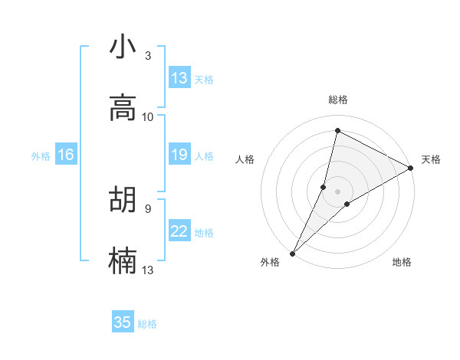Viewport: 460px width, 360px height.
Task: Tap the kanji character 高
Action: [x=123, y=108]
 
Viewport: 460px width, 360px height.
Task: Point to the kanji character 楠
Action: [x=123, y=260]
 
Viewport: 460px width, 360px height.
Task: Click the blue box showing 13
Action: [x=179, y=78]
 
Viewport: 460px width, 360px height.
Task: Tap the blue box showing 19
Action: [x=179, y=155]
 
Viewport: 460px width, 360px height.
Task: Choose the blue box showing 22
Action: [x=179, y=231]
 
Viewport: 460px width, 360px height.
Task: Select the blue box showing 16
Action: [x=66, y=155]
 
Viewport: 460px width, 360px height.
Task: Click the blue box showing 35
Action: [x=123, y=322]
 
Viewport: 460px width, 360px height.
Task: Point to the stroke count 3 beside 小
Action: [x=148, y=56]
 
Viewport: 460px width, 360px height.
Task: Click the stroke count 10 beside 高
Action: [x=148, y=116]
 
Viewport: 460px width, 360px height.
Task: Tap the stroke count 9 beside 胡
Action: [x=148, y=208]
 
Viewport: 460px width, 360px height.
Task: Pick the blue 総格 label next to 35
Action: [x=148, y=324]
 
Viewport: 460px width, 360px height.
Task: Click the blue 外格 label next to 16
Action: [x=41, y=155]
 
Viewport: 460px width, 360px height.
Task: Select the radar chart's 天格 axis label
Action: [x=431, y=159]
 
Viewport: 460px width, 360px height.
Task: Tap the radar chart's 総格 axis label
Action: [x=338, y=100]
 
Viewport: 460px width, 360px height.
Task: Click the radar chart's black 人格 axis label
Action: [x=245, y=159]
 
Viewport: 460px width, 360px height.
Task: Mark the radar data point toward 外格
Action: [x=292, y=254]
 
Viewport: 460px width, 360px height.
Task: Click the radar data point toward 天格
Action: [x=412, y=168]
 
